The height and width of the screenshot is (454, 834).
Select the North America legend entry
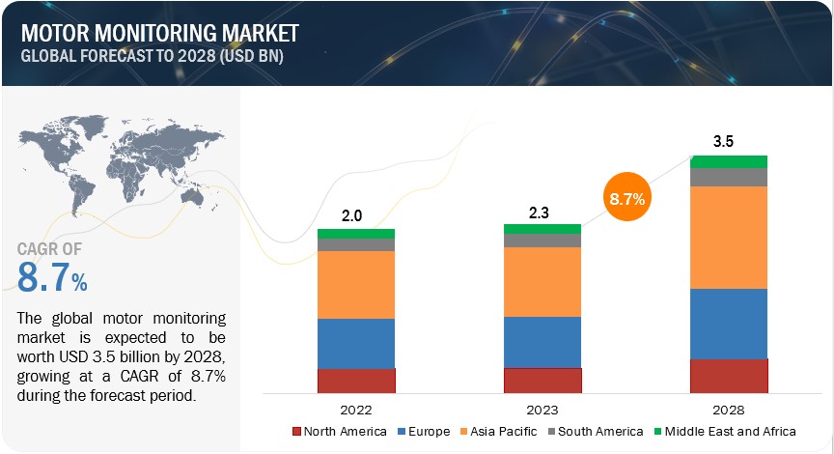pos(339,431)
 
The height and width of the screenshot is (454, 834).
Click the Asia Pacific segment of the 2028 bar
pos(729,237)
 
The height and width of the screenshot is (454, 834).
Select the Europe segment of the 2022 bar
pos(355,343)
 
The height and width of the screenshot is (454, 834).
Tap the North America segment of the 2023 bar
pos(542,380)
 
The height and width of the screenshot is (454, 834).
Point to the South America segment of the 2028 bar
pos(729,177)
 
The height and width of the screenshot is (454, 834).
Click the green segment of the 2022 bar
pos(355,233)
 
